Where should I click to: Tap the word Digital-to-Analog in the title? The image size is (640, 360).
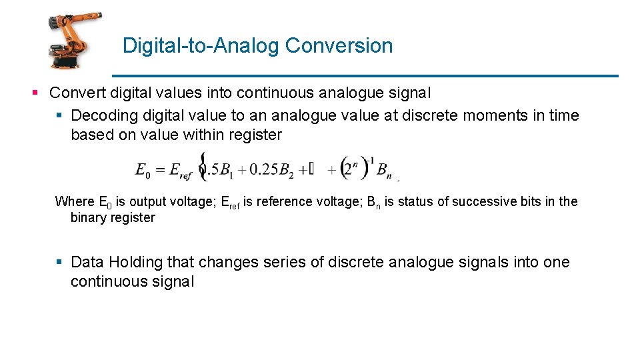[201, 46]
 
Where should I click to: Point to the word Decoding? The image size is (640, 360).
[102, 115]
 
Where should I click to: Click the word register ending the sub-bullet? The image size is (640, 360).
[255, 135]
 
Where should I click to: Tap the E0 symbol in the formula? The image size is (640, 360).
[143, 171]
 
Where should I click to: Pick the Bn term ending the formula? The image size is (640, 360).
[385, 171]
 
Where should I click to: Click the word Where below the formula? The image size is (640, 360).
[75, 201]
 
